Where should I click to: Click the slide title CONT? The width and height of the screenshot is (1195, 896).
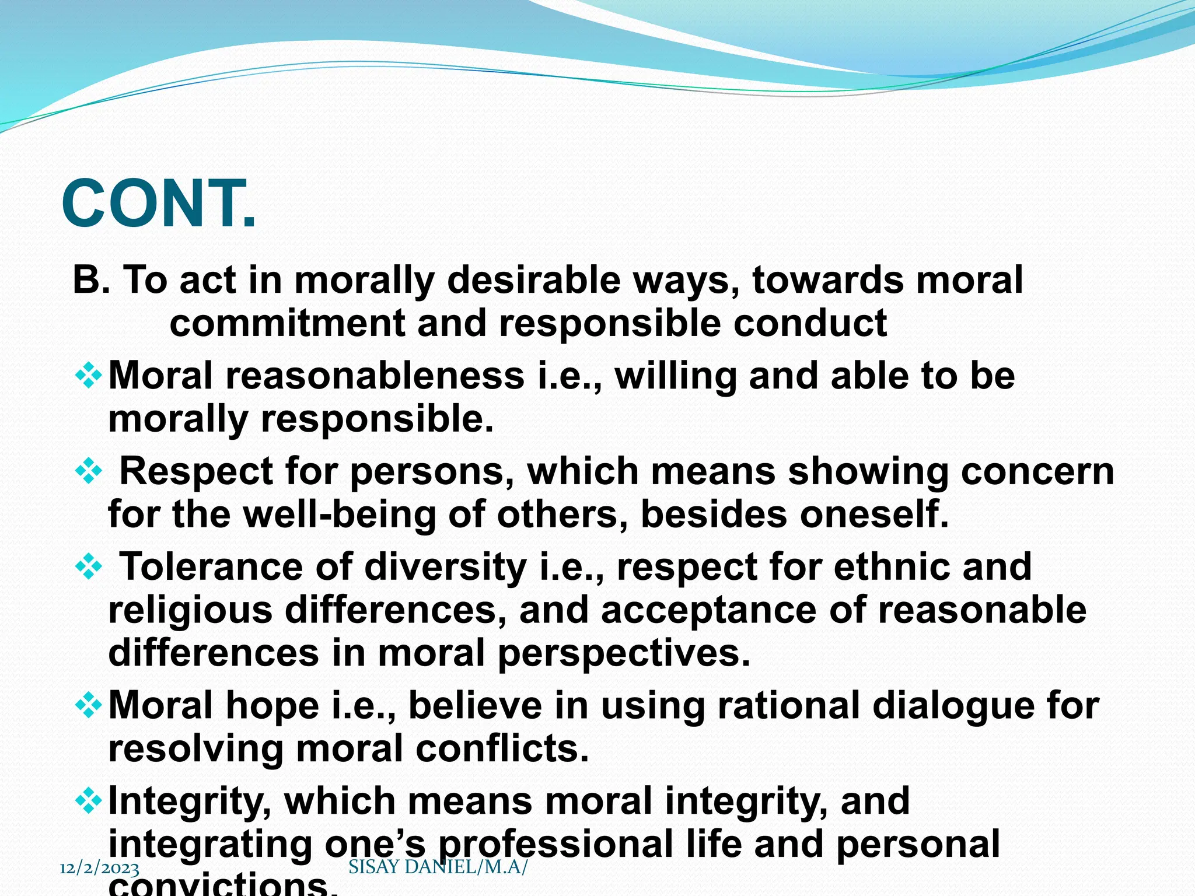tap(159, 204)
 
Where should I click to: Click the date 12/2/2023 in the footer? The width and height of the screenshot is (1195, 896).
tap(100, 868)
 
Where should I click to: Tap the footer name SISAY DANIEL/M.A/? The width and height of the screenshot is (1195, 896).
tap(438, 867)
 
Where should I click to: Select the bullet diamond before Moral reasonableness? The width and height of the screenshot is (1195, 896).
tap(89, 376)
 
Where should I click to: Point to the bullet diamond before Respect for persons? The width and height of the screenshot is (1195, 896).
tap(89, 471)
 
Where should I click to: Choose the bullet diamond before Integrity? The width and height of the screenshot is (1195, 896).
tap(89, 801)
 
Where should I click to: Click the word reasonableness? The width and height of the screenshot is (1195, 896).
tap(375, 376)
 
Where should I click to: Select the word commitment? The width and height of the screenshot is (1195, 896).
tap(287, 324)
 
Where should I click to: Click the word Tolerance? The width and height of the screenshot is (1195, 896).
tap(211, 567)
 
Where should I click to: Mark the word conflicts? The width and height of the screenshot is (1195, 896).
tap(502, 749)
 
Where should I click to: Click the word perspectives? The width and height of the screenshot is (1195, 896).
tap(624, 654)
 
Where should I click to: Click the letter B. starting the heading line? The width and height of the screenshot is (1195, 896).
tap(91, 281)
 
